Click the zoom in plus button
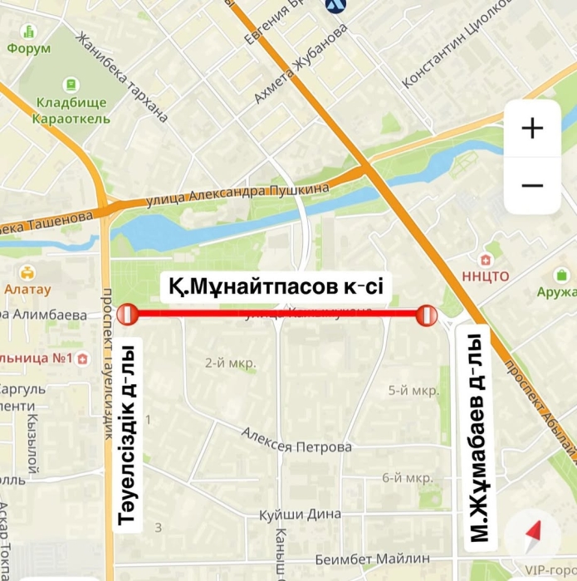(x=532, y=128)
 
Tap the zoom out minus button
(x=532, y=186)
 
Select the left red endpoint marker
(x=127, y=315)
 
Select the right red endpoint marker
(x=427, y=315)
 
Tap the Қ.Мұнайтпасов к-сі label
(x=276, y=287)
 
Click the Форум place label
(x=29, y=48)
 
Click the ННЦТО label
(x=486, y=276)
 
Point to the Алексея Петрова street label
(x=296, y=441)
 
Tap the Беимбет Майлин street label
(x=373, y=558)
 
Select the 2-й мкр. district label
(x=231, y=363)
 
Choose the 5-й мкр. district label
(x=413, y=390)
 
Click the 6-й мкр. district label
(x=407, y=478)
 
